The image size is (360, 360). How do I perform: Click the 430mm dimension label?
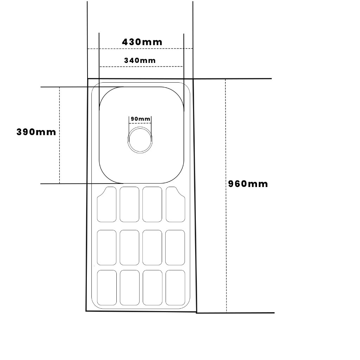142,42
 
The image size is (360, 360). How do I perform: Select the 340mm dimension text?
140,60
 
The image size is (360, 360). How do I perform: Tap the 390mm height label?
36,132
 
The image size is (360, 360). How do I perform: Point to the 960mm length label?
248,184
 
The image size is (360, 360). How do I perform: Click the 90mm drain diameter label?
141,119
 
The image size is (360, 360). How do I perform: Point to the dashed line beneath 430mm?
140,49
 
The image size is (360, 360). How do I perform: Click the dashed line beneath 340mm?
141,66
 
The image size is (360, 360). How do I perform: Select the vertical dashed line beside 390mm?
59,135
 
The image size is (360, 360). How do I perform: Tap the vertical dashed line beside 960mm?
226,195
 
